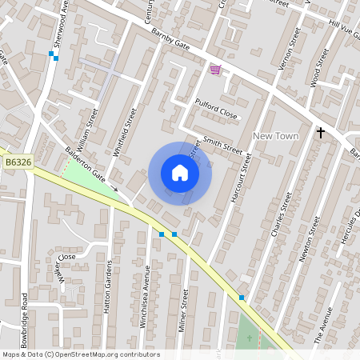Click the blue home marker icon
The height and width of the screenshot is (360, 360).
180,173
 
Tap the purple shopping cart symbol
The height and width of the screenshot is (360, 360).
214,70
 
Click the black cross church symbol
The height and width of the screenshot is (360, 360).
320,133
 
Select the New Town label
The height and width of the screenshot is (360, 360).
275,136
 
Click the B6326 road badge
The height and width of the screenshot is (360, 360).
18,162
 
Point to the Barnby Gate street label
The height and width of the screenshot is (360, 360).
170,44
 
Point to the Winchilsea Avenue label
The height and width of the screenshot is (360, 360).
147,288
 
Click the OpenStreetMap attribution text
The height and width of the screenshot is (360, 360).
80,354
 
